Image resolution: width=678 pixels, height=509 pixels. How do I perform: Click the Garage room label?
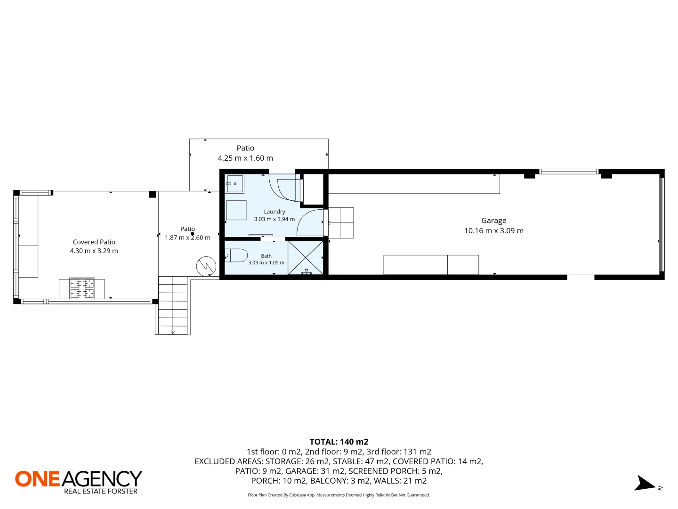pos(493,221)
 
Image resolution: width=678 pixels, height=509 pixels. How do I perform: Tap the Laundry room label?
pos(274,212)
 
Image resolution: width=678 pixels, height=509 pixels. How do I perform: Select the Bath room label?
pos(266,256)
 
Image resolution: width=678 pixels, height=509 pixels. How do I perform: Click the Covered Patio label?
pos(94,242)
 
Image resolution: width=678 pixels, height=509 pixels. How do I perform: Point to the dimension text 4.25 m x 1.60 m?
pos(245,158)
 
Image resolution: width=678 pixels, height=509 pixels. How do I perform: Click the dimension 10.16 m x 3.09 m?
pos(493,231)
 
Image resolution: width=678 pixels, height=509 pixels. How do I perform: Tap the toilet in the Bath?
pos(236,256)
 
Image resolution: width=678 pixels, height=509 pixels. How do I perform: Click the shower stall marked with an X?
pos(306,257)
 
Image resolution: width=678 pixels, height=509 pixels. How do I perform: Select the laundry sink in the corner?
pos(235,184)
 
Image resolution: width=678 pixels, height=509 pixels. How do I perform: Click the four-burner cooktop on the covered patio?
pos(82,288)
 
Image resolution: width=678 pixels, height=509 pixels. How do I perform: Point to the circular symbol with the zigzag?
pos(206,266)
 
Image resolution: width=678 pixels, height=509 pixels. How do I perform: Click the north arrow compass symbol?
pos(645,484)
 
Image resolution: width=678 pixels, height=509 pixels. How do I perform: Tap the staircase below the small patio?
pos(173,305)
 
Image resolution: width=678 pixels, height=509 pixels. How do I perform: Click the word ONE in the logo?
pos(37,479)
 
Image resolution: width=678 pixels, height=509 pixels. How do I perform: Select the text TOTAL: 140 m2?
pos(339,442)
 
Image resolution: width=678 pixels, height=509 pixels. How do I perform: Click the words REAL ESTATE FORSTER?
pos(101,492)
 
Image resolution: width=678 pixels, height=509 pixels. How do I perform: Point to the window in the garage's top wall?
pos(569,172)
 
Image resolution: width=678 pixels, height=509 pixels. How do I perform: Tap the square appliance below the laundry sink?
pos(236,210)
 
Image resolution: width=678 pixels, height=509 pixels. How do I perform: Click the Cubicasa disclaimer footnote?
pos(339,495)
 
